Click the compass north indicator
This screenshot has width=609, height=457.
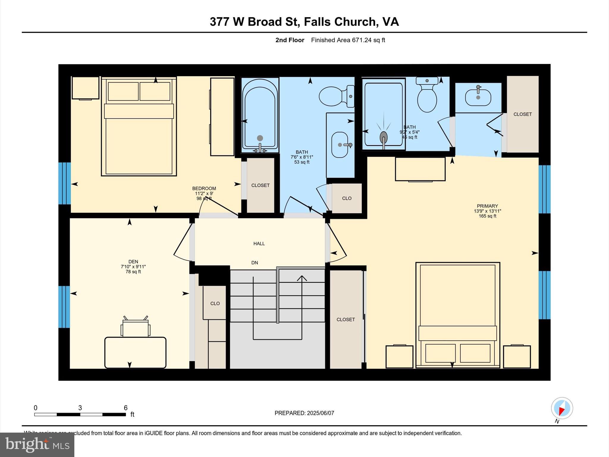(x=562, y=408)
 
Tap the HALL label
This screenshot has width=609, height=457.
(x=259, y=244)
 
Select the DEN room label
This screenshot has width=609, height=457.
(x=133, y=262)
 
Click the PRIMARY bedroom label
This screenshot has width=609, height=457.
(x=487, y=206)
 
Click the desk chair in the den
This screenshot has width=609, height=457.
(x=136, y=328)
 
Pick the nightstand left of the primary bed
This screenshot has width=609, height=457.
(x=399, y=356)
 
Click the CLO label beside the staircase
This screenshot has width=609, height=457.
(x=215, y=303)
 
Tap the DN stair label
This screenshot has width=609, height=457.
(x=255, y=263)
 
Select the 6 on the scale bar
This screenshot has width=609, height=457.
(x=125, y=408)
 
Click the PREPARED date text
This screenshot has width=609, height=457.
(x=304, y=413)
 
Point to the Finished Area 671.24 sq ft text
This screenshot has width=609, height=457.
(x=348, y=40)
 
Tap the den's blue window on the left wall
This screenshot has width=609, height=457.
(x=64, y=307)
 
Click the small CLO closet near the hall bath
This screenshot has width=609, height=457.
(x=347, y=198)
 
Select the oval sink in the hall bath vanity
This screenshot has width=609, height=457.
(x=340, y=145)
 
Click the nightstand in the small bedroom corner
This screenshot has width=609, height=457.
(x=86, y=88)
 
